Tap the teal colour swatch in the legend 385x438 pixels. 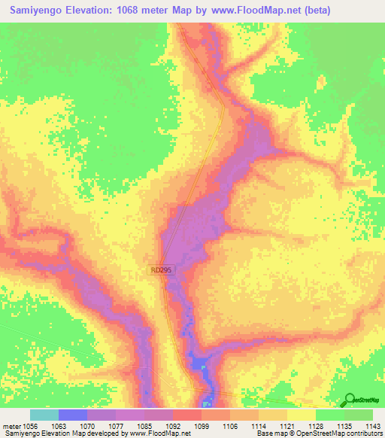point(44,415)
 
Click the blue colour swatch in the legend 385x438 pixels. point(72,415)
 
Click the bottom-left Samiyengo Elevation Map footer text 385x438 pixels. point(45,433)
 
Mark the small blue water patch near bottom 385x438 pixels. point(200,365)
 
